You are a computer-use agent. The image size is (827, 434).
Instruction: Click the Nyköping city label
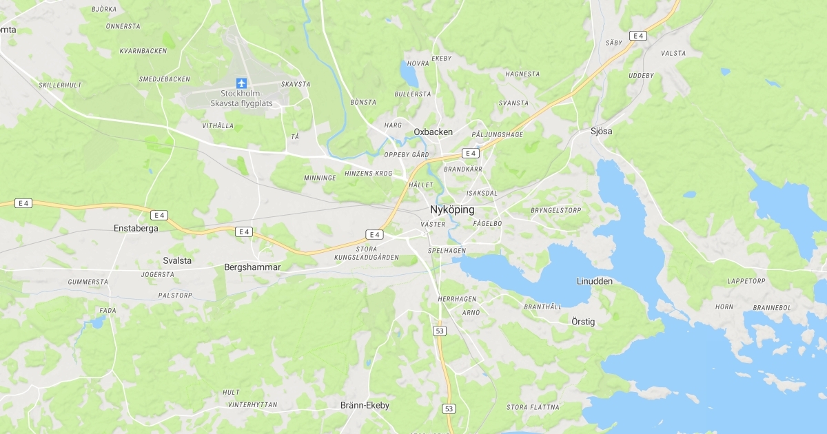pos(451,209)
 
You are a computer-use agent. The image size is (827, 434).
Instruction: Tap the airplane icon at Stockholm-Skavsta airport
pos(241,83)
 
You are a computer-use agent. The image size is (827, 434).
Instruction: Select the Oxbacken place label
pos(433,132)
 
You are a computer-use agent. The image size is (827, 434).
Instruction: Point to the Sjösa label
pos(602,131)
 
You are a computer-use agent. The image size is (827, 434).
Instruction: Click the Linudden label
pos(595,281)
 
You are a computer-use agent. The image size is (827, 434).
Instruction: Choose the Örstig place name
pos(583,322)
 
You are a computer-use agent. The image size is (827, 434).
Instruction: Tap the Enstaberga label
pos(136,228)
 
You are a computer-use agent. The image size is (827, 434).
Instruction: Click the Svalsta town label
pos(178,260)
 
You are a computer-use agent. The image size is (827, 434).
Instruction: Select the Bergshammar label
pos(253,267)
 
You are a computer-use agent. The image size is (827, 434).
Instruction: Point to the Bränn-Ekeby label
pos(365,405)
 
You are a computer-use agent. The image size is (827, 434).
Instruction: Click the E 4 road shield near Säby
pos(637,36)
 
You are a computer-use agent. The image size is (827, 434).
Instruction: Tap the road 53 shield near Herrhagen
pos(440,331)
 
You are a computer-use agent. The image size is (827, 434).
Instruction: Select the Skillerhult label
pos(61,85)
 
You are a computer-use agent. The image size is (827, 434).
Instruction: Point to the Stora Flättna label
pos(533,407)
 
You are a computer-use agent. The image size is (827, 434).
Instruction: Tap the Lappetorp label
pos(746,281)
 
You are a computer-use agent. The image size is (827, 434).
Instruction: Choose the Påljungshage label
pos(498,134)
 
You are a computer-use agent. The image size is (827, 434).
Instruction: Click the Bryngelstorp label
pos(556,210)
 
